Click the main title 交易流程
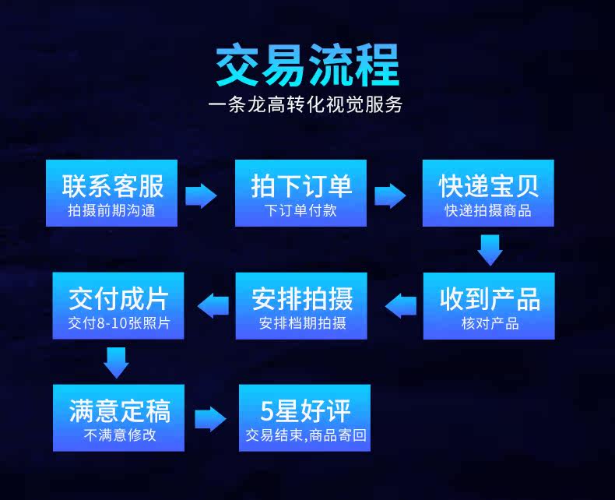pyautogui.click(x=307, y=65)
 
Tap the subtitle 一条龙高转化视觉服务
pyautogui.click(x=307, y=104)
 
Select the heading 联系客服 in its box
pyautogui.click(x=112, y=186)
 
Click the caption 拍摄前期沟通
pyautogui.click(x=111, y=211)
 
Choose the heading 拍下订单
pyautogui.click(x=300, y=186)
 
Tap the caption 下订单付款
pyautogui.click(x=300, y=211)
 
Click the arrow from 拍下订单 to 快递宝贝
pyautogui.click(x=390, y=195)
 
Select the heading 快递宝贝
pyautogui.click(x=488, y=186)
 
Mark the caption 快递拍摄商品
pyautogui.click(x=488, y=211)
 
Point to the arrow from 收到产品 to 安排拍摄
pyautogui.click(x=402, y=305)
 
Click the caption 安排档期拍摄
pyautogui.click(x=303, y=323)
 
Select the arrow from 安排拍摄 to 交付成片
pyautogui.click(x=213, y=305)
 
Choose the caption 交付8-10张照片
pyautogui.click(x=118, y=323)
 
